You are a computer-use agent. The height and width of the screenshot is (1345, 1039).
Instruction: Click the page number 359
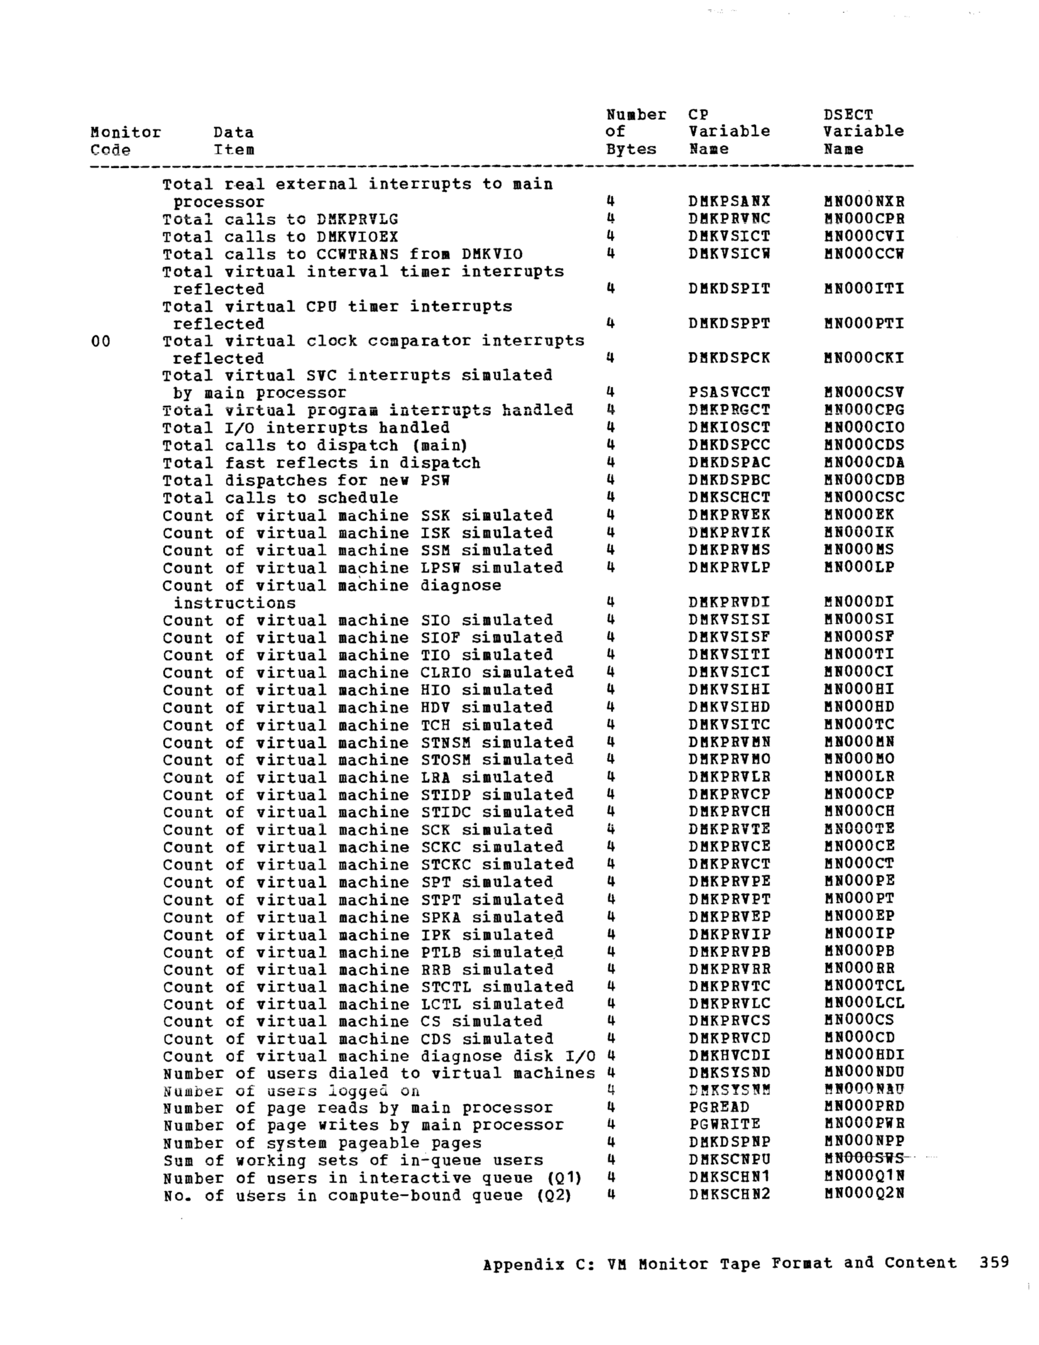pyautogui.click(x=994, y=1263)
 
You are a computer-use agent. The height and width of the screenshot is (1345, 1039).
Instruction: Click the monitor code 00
pyautogui.click(x=100, y=341)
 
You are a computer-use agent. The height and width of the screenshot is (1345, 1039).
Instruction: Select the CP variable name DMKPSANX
pyautogui.click(x=729, y=202)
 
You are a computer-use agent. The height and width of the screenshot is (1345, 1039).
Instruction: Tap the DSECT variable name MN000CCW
pyautogui.click(x=864, y=254)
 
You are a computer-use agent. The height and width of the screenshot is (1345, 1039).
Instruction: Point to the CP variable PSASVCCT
pyautogui.click(x=729, y=392)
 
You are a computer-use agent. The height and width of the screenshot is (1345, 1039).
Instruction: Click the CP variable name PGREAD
pyautogui.click(x=719, y=1107)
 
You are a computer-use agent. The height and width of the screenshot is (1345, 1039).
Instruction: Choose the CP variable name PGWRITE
pyautogui.click(x=725, y=1125)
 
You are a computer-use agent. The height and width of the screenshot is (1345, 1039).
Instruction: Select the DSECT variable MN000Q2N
pyautogui.click(x=864, y=1194)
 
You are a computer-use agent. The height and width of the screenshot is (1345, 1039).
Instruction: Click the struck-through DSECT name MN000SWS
pyautogui.click(x=864, y=1160)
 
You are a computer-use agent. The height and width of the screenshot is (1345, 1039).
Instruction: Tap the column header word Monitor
pyautogui.click(x=126, y=132)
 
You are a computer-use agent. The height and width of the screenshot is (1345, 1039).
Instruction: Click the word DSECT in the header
pyautogui.click(x=848, y=115)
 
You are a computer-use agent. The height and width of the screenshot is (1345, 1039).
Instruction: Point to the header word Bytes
pyautogui.click(x=631, y=150)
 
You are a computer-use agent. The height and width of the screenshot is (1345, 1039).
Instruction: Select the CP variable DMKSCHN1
pyautogui.click(x=729, y=1177)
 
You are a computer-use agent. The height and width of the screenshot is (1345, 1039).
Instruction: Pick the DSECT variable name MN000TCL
pyautogui.click(x=864, y=986)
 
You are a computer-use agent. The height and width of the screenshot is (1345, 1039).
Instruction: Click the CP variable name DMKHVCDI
pyautogui.click(x=729, y=1055)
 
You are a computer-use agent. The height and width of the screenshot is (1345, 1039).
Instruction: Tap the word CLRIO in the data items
pyautogui.click(x=446, y=672)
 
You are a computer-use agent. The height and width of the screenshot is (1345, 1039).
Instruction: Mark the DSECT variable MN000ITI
pyautogui.click(x=864, y=288)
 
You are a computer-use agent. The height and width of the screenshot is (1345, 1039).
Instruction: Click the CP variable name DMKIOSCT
pyautogui.click(x=729, y=428)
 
